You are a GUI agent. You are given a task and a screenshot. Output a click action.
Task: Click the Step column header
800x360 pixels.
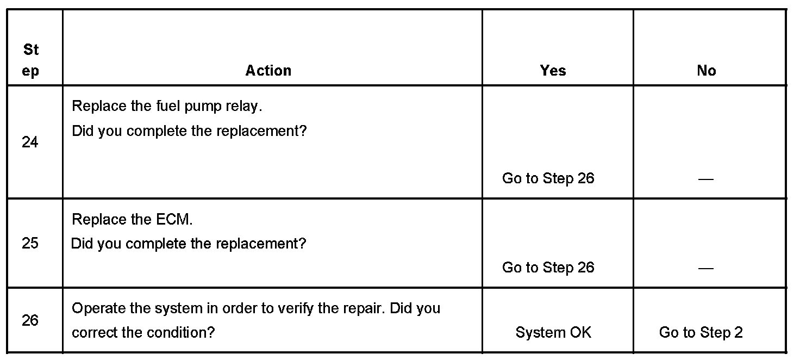point(31,60)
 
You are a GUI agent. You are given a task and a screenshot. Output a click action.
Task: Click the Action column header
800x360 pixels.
point(268,71)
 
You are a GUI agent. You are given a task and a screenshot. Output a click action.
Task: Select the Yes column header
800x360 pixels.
point(553,71)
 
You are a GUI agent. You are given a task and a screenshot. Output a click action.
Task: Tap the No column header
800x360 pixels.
point(706,71)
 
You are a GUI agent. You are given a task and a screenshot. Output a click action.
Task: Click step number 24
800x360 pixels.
point(30,142)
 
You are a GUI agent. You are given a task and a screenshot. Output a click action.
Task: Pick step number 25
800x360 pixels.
point(30,243)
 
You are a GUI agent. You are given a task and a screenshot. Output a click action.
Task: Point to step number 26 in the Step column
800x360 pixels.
point(30,320)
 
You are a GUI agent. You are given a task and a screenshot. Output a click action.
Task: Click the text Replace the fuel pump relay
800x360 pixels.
point(167,106)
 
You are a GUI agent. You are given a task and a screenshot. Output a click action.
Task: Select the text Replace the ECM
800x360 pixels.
point(132,220)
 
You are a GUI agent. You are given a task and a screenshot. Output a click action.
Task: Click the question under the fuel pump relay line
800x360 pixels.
point(189,131)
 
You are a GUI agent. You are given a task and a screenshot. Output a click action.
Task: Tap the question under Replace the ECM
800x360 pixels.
point(189,243)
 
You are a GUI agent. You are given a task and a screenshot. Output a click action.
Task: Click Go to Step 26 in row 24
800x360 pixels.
point(548,178)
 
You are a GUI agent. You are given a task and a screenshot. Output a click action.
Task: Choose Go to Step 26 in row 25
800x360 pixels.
point(548,268)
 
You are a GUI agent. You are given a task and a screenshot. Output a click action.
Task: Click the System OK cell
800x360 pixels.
point(553,332)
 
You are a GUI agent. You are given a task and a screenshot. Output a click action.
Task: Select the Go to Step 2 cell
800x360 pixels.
point(701,332)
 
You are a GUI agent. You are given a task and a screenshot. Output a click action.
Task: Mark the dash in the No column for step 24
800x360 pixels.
point(705,179)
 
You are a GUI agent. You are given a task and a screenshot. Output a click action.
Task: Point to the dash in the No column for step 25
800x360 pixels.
point(705,268)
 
